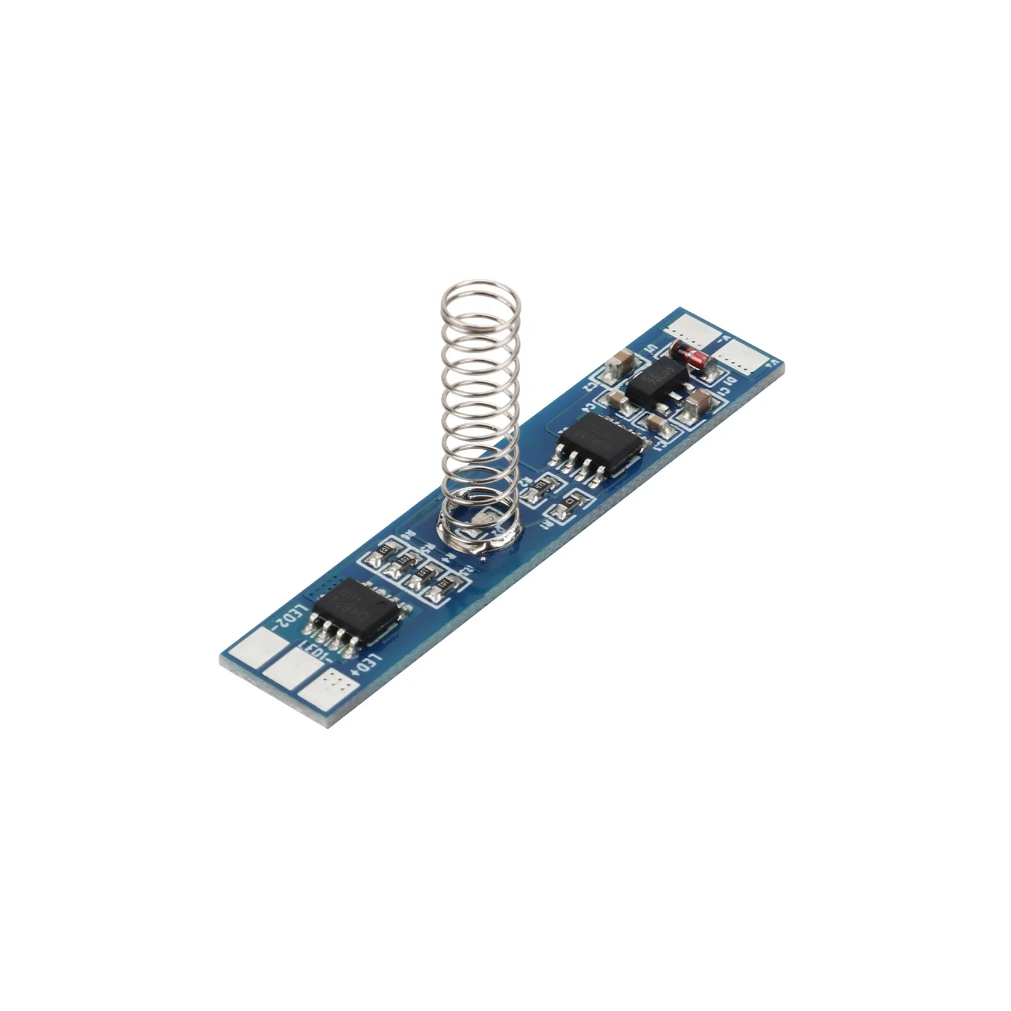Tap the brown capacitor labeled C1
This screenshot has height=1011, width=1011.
[x=698, y=402]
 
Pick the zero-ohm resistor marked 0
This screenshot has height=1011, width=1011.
[x=571, y=504]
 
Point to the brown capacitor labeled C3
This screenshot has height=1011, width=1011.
[x=655, y=423]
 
